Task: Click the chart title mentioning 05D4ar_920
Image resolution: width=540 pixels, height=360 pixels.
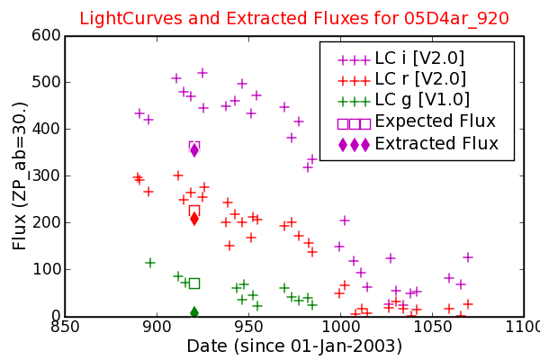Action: tap(294, 18)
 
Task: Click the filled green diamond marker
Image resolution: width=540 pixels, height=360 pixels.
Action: tap(194, 312)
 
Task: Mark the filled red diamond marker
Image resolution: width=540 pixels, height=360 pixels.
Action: tap(194, 219)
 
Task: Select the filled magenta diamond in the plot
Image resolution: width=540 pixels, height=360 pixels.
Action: tap(194, 150)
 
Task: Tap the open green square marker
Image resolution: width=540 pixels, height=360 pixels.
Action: tap(194, 283)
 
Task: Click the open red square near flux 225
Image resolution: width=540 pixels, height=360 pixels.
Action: tap(194, 210)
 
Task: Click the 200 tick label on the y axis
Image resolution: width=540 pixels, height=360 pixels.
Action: tap(46, 222)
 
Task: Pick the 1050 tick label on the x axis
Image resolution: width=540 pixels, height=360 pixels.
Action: tap(432, 327)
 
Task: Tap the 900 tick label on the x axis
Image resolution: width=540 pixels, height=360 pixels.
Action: tap(157, 327)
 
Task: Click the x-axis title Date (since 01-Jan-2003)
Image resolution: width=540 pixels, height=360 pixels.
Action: tap(294, 346)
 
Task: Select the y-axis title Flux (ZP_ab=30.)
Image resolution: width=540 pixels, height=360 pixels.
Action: tap(19, 176)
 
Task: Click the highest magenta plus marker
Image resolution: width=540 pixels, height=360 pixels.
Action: tap(202, 73)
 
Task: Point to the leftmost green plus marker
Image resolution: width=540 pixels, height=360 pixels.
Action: tap(149, 263)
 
